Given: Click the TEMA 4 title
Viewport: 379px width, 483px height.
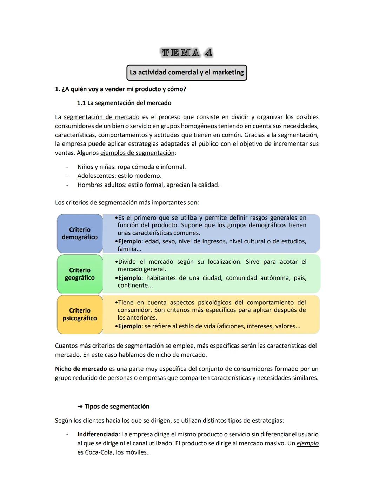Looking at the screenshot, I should tap(187, 53).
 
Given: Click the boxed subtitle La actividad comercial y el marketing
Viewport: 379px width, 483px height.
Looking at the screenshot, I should tap(187, 72).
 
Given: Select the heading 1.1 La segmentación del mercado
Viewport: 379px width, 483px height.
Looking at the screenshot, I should tap(124, 103).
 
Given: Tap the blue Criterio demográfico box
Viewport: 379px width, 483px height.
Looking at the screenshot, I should tap(80, 233).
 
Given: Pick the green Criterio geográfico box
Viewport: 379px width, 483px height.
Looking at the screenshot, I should tap(80, 274).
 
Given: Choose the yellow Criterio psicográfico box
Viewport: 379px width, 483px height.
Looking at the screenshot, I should tap(80, 314).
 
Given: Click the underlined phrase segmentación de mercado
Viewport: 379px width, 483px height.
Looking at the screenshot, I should tap(101, 117).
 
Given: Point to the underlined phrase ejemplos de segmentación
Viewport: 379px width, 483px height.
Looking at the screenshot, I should tap(137, 153).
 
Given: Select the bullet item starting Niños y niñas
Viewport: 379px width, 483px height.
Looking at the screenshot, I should tap(131, 167).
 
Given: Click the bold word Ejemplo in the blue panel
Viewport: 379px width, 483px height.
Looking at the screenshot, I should tap(129, 241).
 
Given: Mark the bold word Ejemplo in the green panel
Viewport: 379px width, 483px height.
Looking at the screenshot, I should tap(129, 278).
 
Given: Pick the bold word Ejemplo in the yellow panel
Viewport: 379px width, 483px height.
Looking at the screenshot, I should tap(129, 326).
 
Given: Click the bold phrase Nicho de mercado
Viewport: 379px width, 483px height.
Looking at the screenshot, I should tap(81, 369).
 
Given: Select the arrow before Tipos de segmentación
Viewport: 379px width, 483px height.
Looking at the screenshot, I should tap(80, 407).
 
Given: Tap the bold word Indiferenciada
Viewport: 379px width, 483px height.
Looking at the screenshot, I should tap(98, 434).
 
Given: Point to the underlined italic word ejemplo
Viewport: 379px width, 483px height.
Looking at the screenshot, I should tap(307, 443).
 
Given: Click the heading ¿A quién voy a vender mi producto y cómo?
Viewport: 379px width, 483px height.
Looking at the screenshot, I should tap(124, 89).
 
